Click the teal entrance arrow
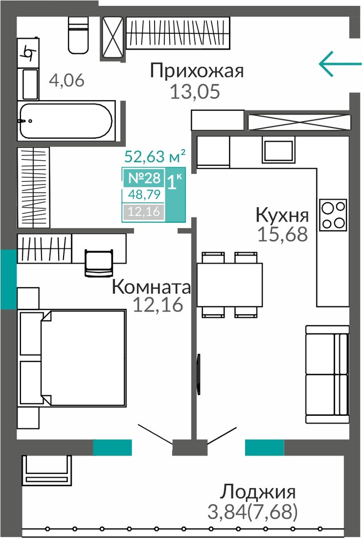[340, 63]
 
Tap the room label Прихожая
[197, 70]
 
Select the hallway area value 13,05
[195, 91]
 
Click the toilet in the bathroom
[78, 35]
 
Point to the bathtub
[66, 121]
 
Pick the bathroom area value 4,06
[67, 80]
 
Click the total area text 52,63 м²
[155, 156]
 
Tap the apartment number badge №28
[144, 178]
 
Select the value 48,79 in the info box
[144, 195]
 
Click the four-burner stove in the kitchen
[333, 215]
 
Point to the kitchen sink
[279, 150]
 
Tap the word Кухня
[282, 215]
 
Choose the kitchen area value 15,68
[283, 235]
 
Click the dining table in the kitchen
[229, 285]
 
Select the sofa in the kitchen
[328, 374]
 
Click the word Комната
[151, 287]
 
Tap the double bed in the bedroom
[72, 358]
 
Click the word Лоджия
[257, 492]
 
